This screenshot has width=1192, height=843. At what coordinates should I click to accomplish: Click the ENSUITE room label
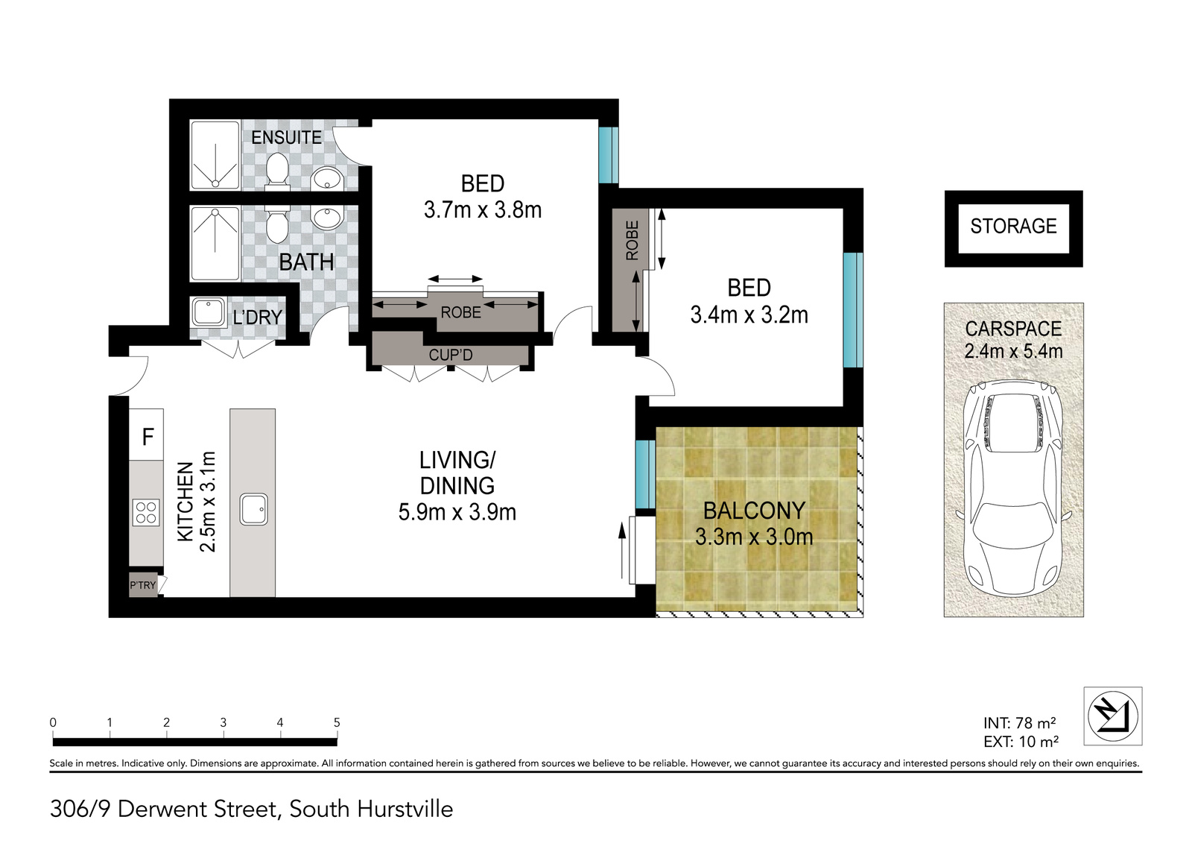click(x=286, y=137)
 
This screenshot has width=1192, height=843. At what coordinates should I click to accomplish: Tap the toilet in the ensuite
click(x=276, y=171)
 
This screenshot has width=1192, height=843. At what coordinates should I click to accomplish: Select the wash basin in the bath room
click(x=326, y=218)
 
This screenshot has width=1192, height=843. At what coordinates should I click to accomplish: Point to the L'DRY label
click(x=258, y=318)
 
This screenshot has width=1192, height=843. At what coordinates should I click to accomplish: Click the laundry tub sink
click(x=209, y=312)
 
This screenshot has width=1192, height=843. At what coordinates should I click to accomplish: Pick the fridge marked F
click(x=146, y=435)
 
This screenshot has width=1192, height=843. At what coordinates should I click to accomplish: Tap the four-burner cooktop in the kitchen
click(x=146, y=513)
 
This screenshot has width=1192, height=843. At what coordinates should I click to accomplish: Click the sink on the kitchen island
click(x=254, y=509)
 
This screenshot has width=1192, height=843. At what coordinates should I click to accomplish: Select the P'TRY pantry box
click(x=143, y=585)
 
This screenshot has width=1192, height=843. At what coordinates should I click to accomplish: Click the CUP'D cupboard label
click(x=451, y=355)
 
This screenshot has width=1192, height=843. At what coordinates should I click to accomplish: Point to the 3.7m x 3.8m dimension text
click(x=483, y=209)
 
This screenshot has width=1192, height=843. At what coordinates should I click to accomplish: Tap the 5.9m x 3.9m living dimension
click(x=457, y=512)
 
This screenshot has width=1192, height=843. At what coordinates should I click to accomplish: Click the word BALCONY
click(x=754, y=511)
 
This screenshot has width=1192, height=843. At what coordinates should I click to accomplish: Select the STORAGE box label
click(x=1013, y=227)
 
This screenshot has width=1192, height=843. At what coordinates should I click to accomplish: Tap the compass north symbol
click(x=1113, y=716)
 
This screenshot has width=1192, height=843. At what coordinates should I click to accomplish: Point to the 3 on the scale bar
click(x=223, y=723)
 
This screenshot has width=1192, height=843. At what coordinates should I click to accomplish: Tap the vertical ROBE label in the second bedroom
click(x=632, y=241)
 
